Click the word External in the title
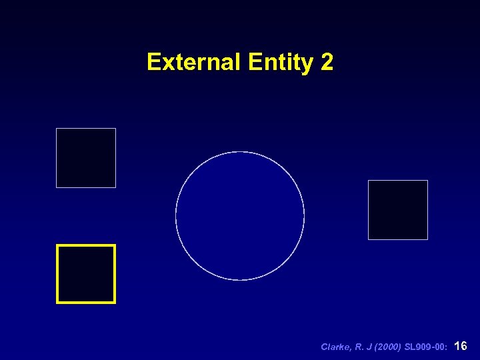[x=194, y=62]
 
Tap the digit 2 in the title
[x=327, y=62]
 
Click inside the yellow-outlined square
[x=86, y=274]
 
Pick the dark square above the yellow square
[x=86, y=158]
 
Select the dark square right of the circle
[x=398, y=210]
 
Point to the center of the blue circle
[x=240, y=216]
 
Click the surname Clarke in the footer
[x=336, y=347]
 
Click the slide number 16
[x=460, y=346]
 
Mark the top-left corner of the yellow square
[x=57, y=245]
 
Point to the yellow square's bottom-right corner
[x=115, y=303]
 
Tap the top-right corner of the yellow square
[x=115, y=245]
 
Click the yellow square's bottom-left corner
[x=57, y=303]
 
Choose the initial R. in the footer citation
[x=359, y=347]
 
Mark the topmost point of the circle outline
[x=240, y=152]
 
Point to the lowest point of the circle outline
[x=240, y=280]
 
